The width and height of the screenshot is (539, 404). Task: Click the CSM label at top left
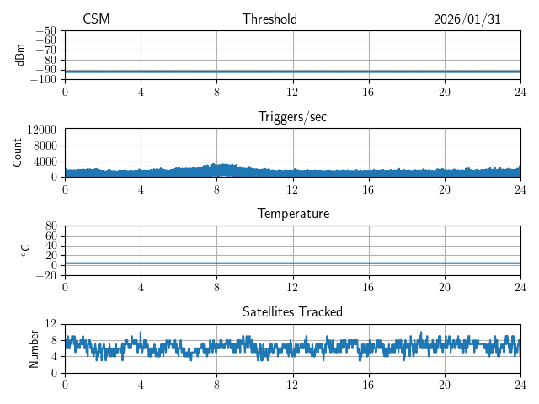[96, 19]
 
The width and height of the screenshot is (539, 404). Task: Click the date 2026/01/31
[467, 19]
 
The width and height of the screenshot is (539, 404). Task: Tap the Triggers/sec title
[292, 117]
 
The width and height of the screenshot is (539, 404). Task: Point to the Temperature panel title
[292, 214]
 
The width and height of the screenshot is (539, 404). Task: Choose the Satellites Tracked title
[292, 311]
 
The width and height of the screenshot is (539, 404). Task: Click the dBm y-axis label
[20, 55]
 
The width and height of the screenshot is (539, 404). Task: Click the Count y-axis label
[18, 152]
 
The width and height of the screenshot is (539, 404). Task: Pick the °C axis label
[25, 250]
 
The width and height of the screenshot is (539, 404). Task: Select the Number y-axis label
[35, 348]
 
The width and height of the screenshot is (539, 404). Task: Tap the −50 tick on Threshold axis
[46, 31]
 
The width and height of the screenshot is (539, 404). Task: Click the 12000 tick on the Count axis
[41, 130]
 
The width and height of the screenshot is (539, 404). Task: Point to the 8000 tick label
[44, 146]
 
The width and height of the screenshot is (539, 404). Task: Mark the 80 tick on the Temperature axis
[51, 226]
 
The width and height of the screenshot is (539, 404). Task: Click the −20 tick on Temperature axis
[46, 275]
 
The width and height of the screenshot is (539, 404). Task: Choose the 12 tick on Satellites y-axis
[51, 324]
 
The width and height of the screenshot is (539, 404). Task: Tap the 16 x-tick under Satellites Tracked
[368, 385]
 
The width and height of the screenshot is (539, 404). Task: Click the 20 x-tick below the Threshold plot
[444, 92]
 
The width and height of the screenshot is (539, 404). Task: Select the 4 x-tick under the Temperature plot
[141, 287]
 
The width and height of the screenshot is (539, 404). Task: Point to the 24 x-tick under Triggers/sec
[520, 189]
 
